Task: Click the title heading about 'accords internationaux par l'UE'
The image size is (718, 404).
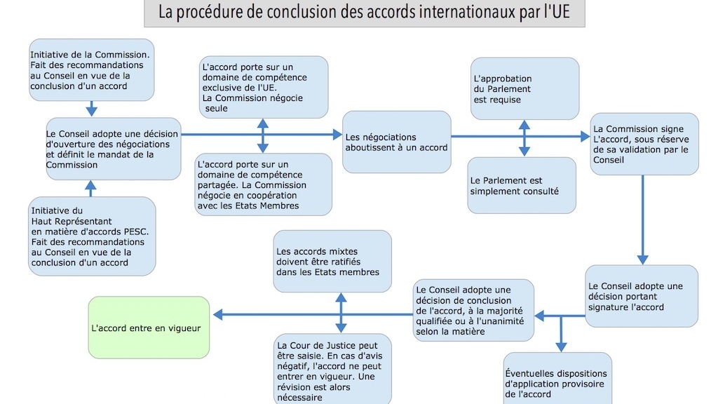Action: coord(364,12)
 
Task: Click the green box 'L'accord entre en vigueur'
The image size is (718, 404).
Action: coord(149,328)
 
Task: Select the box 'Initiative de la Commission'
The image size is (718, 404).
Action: coord(92,69)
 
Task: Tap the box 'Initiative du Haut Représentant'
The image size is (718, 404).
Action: coord(92,236)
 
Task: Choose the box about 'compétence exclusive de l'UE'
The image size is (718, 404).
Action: coord(263,88)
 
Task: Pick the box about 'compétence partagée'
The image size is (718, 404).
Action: coord(263,184)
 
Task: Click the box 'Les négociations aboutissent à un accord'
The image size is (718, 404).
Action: coord(396,142)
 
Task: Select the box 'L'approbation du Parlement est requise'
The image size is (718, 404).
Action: coord(524,89)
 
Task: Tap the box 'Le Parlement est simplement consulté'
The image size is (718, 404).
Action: coord(522,185)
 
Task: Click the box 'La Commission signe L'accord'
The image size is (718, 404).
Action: coord(644,144)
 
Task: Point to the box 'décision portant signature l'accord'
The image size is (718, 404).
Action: coord(641,296)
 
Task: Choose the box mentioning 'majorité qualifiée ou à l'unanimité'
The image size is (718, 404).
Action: coord(473,310)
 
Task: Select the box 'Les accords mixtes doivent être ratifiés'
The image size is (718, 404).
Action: coord(332,261)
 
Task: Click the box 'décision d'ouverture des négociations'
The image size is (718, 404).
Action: coord(113,149)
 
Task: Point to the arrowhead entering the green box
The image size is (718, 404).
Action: coord(218,315)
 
